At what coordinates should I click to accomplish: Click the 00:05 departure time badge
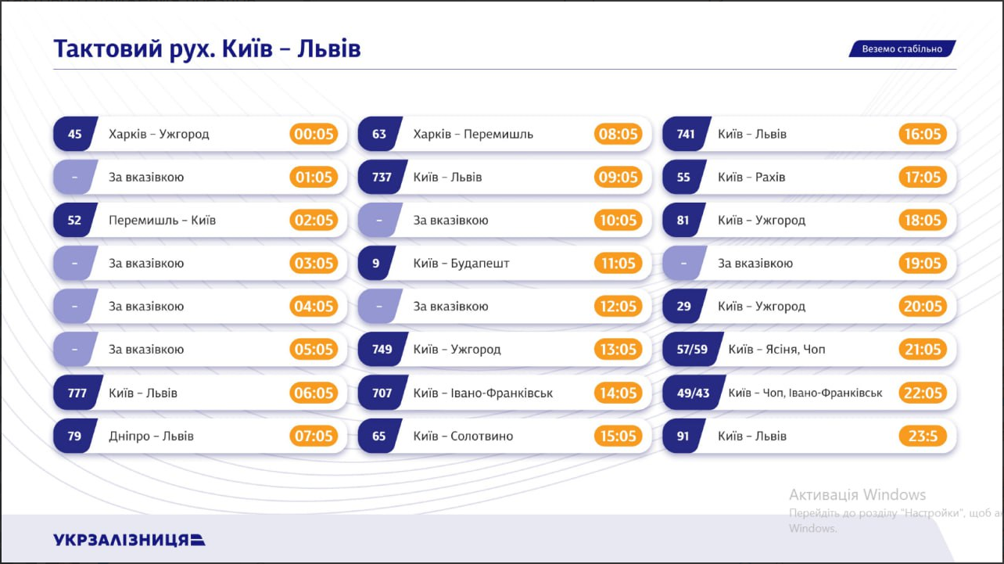[x=314, y=134]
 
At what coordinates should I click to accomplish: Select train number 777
[x=77, y=393]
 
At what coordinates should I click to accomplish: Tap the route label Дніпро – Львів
[x=151, y=436]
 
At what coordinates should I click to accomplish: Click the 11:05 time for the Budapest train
[x=618, y=264]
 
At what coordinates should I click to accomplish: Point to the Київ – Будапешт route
[x=461, y=264]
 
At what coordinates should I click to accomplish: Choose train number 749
[x=382, y=350]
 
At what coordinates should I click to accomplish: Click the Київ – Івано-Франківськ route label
[x=482, y=393]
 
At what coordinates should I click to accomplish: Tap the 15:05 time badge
[x=618, y=436]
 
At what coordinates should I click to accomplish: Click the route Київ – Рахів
[x=751, y=178]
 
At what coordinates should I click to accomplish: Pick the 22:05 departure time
[x=923, y=393]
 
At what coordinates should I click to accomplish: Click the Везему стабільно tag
[x=902, y=49]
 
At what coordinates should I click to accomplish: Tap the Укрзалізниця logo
[x=129, y=540]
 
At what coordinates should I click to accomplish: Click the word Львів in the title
[x=330, y=49]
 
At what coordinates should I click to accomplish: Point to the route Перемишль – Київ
[x=162, y=221]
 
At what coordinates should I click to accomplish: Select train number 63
[x=379, y=134]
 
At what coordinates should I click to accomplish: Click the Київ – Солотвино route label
[x=463, y=436]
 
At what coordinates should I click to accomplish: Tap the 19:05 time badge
[x=923, y=264]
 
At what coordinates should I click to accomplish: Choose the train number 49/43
[x=692, y=393]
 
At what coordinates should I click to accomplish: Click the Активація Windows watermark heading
[x=857, y=494]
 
